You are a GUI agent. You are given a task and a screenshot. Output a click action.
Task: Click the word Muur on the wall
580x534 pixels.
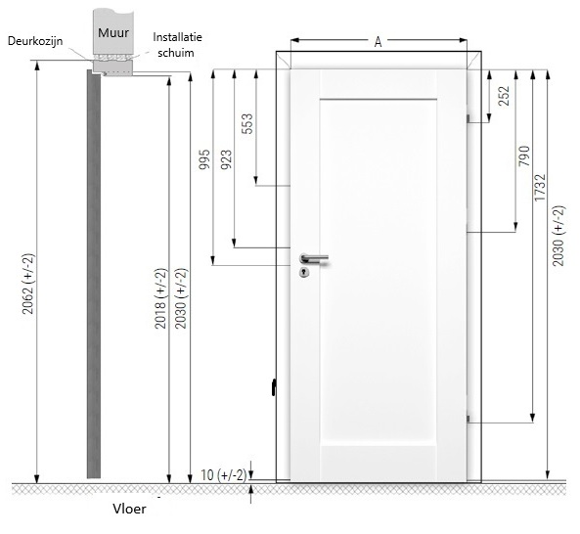click(x=113, y=32)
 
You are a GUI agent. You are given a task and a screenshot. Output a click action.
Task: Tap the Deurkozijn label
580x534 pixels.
click(x=35, y=41)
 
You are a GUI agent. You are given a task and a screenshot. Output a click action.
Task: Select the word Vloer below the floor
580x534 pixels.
click(x=129, y=509)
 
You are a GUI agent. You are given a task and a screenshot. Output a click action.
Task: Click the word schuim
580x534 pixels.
click(x=176, y=53)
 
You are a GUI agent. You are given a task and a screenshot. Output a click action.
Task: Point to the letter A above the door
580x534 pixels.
click(x=378, y=42)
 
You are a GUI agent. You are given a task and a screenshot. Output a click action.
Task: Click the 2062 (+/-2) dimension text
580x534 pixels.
click(x=27, y=284)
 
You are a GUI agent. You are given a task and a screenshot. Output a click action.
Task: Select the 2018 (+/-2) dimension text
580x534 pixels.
click(x=160, y=298)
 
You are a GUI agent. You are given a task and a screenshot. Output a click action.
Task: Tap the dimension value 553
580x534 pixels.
click(x=247, y=123)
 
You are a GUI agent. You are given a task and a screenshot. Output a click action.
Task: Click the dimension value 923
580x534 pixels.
click(x=226, y=159)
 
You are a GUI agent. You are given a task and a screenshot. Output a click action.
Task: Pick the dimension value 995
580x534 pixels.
click(x=204, y=159)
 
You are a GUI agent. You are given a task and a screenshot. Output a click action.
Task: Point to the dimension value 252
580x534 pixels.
click(x=504, y=96)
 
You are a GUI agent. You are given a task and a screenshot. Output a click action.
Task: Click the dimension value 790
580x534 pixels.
click(x=524, y=156)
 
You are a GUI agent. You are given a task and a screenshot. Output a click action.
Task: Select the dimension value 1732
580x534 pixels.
click(x=540, y=188)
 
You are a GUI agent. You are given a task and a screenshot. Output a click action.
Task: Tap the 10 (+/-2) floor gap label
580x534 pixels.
click(x=223, y=475)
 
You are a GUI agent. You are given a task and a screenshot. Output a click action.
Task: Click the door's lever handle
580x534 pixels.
click(x=314, y=258)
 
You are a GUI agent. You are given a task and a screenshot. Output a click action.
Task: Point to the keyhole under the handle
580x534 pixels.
click(x=304, y=272)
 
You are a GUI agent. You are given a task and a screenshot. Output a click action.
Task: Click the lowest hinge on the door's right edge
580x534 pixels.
click(x=468, y=419)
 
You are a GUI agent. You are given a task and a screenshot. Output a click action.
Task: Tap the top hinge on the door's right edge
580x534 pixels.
click(x=468, y=118)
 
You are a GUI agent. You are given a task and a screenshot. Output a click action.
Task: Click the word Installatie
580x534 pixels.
click(x=178, y=37)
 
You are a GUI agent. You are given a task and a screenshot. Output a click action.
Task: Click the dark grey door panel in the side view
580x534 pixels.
click(x=94, y=274)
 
